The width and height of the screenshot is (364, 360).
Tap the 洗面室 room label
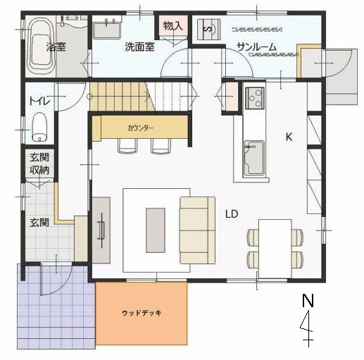(139, 47)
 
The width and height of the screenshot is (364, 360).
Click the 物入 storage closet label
(173, 25)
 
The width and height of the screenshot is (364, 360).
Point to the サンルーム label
(256, 47)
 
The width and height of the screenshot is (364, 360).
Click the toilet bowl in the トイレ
(39, 128)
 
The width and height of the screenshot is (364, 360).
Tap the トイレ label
(39, 101)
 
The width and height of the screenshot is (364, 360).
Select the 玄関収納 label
(39, 163)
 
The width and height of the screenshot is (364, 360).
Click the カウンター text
(141, 128)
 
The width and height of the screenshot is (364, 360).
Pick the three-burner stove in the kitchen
(255, 98)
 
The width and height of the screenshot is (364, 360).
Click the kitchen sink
(254, 158)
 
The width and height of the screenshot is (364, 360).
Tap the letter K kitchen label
(289, 137)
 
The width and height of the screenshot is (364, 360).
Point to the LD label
(232, 214)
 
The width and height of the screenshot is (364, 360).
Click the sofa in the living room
(198, 230)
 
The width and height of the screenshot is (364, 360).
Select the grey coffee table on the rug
(156, 230)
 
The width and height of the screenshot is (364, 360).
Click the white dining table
(275, 249)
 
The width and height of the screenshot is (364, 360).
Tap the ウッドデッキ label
(142, 313)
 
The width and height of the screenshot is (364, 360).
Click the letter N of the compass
(308, 300)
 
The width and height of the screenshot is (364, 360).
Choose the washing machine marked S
(208, 30)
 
